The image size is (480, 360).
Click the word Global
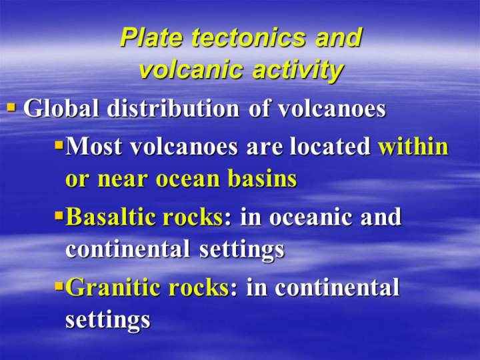click(61, 108)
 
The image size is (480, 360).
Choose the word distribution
click(173, 108)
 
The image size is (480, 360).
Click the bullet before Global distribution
click(11, 107)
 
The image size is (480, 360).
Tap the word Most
click(94, 146)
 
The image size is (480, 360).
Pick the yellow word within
click(413, 146)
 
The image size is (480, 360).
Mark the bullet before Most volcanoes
click(59, 144)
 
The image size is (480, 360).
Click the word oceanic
click(311, 217)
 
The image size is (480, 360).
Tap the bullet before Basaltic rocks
click(59, 215)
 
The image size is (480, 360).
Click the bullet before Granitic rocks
click(59, 286)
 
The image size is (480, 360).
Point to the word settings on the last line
click(108, 321)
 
